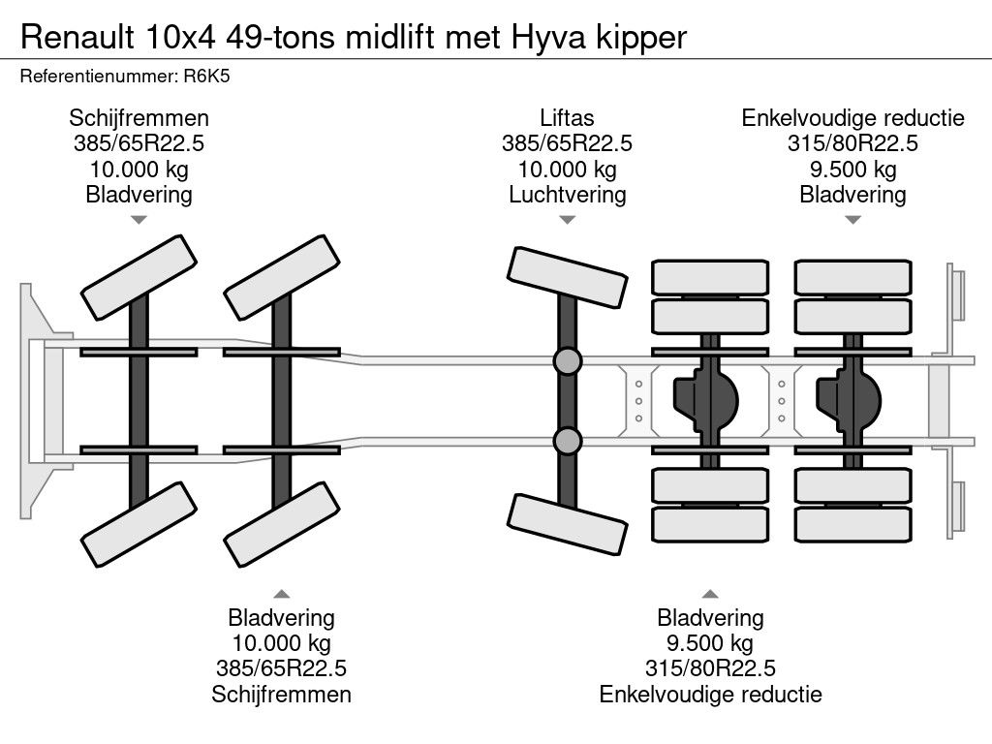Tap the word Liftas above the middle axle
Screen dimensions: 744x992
(567, 118)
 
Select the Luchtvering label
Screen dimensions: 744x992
(567, 194)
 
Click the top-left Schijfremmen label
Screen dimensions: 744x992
(139, 118)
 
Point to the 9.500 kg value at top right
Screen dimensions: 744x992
(852, 169)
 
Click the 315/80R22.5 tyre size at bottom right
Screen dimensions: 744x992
(710, 668)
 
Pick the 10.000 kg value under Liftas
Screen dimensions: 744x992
(567, 169)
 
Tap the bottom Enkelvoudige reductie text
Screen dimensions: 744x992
(710, 694)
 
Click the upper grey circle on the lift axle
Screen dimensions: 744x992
(568, 361)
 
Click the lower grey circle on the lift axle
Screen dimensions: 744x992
(568, 442)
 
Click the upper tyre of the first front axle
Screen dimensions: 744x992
(138, 270)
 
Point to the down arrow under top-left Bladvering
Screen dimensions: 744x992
(139, 220)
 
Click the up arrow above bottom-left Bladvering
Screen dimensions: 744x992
(281, 593)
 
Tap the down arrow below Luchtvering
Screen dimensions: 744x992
(567, 220)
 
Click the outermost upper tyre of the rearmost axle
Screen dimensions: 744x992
(852, 277)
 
